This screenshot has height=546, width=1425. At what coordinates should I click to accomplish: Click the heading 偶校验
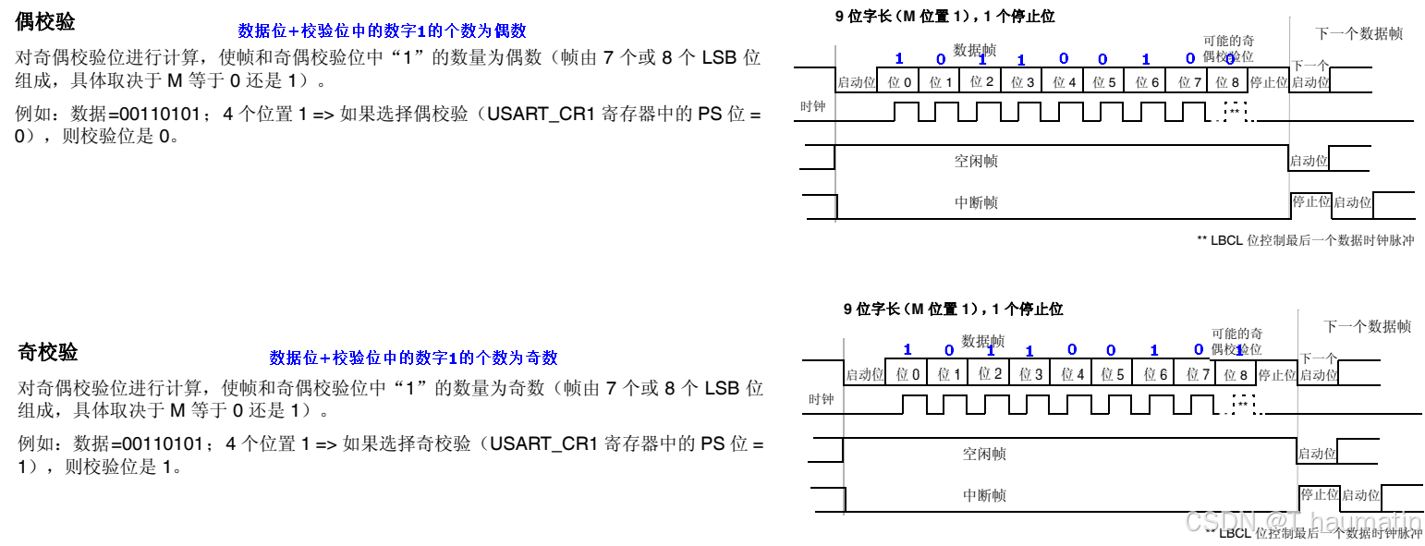coord(45,22)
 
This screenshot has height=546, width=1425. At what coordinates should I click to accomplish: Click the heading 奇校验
coord(48,352)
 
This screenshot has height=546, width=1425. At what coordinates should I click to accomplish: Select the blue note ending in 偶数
coord(382,30)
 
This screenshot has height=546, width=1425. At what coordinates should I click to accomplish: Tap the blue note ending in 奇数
coord(413,358)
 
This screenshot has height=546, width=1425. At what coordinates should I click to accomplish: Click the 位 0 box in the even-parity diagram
coord(898,82)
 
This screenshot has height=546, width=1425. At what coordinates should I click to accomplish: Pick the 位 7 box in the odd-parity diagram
coord(1198,374)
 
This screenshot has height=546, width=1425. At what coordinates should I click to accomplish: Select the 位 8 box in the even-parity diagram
coord(1227,82)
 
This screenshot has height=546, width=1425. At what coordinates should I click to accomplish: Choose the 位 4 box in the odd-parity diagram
coord(1073,374)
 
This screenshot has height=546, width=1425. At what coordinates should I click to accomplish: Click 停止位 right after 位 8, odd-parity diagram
coord(1277,374)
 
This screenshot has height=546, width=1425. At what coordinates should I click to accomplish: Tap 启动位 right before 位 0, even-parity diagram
coord(856,82)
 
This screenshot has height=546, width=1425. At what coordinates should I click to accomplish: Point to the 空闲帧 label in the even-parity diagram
coord(976,161)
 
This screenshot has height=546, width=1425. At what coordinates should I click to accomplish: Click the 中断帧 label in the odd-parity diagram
coord(984,495)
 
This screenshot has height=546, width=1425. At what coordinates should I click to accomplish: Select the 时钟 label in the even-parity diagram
coord(812,107)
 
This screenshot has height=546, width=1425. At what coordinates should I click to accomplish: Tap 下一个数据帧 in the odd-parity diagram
coord(1367,326)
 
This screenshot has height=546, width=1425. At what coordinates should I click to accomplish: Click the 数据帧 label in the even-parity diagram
coord(975,50)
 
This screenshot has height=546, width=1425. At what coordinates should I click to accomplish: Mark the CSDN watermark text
coord(1302,523)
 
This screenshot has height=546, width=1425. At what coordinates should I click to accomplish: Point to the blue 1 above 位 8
coord(1239,350)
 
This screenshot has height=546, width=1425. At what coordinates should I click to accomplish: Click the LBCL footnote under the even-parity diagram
coord(1305,240)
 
